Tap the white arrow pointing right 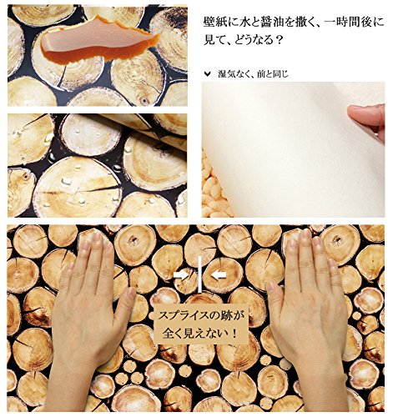coord(181,275)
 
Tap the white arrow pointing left coord(219,275)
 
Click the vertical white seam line coord(199,274)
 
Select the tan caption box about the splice coord(201,324)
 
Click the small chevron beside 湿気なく coord(207,73)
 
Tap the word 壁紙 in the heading coord(214,23)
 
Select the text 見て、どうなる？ coord(244,40)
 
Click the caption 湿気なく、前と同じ coord(253,74)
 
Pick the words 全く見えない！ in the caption coord(201,333)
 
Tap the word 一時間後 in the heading coord(347,23)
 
